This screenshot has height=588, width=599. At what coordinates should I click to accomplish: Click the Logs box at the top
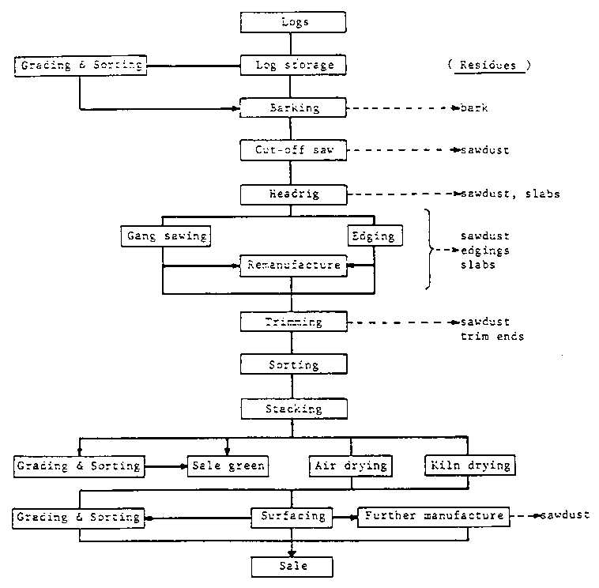tap(294, 22)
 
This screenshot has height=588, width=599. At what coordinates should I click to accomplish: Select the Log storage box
tap(294, 65)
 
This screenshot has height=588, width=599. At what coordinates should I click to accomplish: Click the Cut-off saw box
tap(294, 149)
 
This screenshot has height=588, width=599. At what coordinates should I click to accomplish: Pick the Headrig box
tap(294, 193)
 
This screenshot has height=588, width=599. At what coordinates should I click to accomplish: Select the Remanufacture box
tap(294, 265)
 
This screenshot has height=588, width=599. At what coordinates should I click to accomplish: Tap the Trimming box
tap(294, 322)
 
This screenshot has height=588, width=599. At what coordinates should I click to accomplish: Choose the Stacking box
tap(294, 409)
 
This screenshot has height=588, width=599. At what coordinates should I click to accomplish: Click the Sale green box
tap(226, 465)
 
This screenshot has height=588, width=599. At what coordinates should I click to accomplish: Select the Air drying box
tap(350, 465)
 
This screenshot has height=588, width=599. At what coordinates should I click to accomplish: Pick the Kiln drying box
tap(469, 465)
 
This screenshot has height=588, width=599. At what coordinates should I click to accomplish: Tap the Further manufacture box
tap(432, 516)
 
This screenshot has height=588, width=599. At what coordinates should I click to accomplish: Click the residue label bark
tap(474, 107)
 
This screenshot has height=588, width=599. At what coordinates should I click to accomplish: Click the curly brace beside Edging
tap(431, 251)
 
